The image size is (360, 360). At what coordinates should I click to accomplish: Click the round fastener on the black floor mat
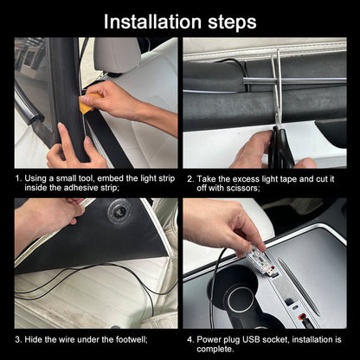coord(118,211)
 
